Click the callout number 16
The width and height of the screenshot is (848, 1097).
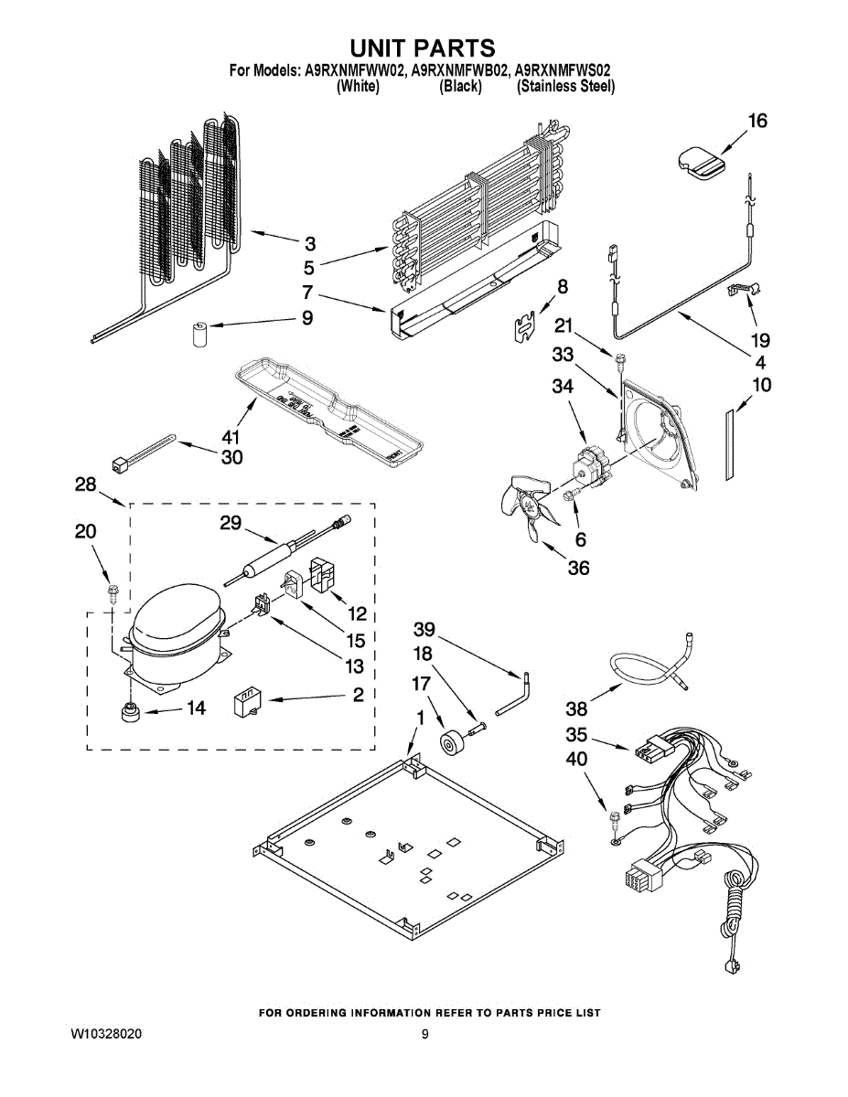pos(757,121)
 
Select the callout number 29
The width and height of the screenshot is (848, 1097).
pos(230,523)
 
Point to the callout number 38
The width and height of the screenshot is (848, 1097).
pos(576,708)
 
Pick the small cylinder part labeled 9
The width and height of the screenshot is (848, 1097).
pos(200,334)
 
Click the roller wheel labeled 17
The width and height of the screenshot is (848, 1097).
pos(452,743)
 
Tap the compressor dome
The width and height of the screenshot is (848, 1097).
pos(176,625)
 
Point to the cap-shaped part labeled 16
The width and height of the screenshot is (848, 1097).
pos(701,162)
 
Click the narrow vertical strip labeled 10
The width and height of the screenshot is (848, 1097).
pos(729,443)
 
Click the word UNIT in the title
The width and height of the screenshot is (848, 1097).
pos(382,48)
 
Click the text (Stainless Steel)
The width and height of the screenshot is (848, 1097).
pos(566,87)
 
